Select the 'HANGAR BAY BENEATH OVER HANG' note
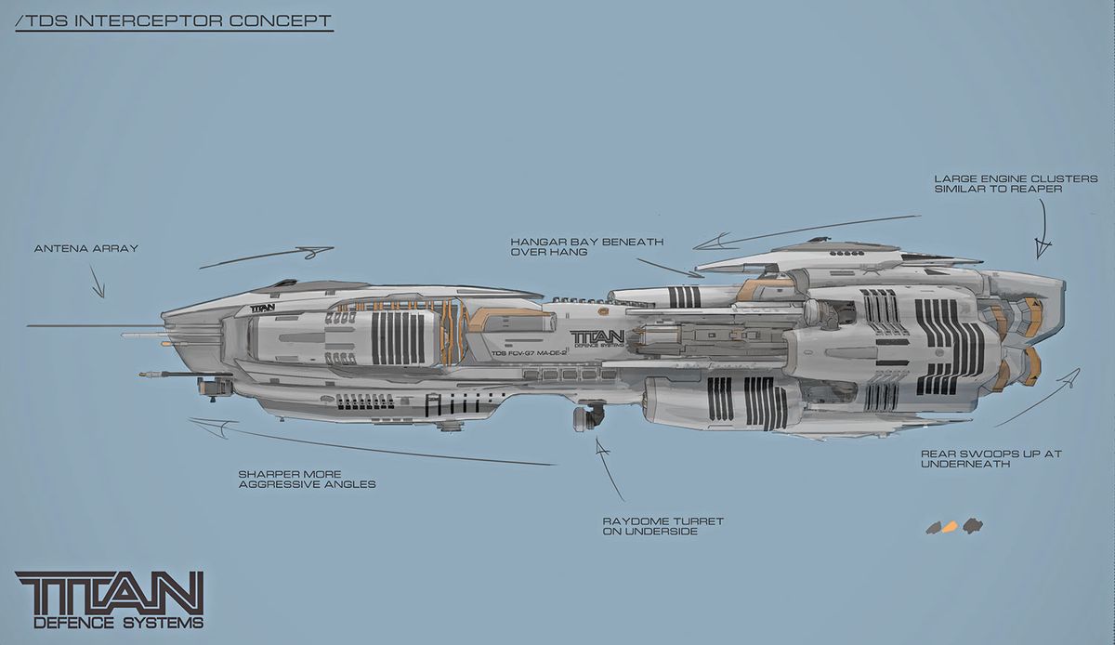coord(586,246)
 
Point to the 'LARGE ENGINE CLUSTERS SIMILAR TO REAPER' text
coord(1016,183)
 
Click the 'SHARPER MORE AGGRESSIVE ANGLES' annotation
coord(307,479)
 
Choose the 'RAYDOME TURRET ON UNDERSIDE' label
coord(663,526)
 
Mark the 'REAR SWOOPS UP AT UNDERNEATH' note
coord(990,458)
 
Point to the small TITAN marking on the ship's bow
coord(263,308)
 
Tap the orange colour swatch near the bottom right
coord(949,527)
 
